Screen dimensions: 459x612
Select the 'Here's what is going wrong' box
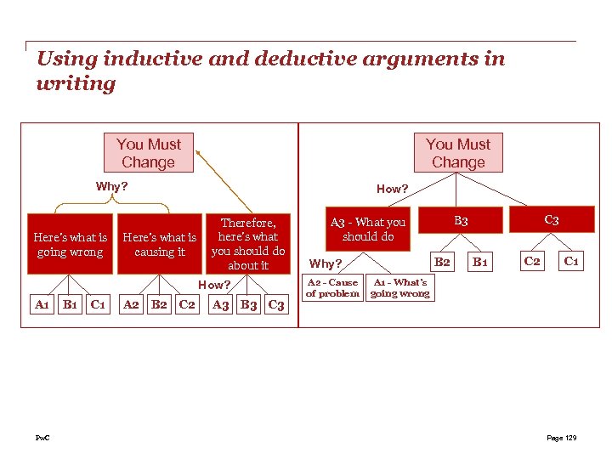71,244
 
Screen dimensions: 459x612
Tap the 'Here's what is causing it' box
160,244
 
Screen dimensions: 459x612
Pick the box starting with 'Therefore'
248,244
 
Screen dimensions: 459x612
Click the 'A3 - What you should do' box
368,229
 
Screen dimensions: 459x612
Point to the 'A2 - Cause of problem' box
332,288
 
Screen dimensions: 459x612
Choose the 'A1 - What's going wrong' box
400,288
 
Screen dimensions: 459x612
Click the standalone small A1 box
41,303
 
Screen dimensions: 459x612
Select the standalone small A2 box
132,303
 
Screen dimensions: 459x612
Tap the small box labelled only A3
221,304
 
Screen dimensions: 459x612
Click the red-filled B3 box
461,221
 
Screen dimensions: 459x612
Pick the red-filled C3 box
552,221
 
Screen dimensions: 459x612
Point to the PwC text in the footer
42,438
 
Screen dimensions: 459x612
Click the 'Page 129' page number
561,438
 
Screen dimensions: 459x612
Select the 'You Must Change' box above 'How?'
458,153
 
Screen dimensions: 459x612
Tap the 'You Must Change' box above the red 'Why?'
149,153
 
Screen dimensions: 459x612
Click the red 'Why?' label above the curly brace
111,186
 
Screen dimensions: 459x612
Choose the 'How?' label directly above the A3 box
214,285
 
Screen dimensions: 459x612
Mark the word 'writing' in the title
76,83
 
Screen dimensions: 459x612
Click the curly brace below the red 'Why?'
111,205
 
